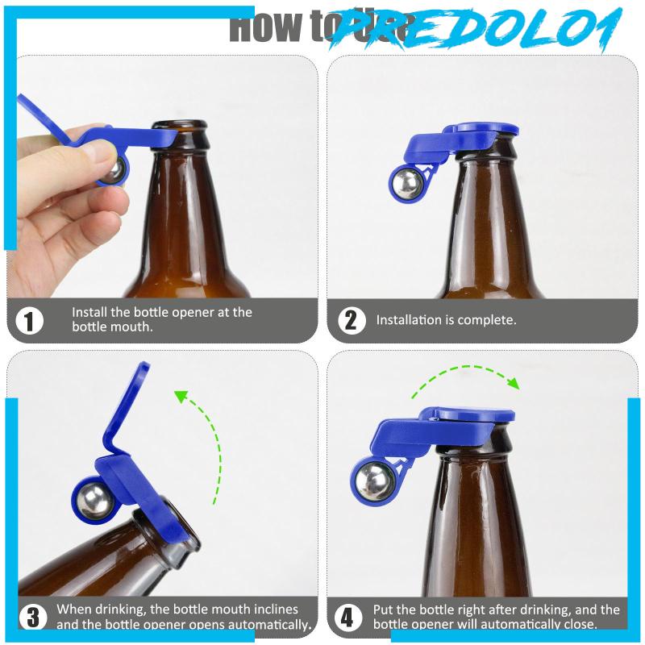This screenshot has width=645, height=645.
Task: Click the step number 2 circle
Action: click(350, 320)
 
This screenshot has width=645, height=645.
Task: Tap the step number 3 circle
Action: click(32, 618)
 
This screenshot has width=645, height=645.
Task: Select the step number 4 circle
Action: click(347, 618)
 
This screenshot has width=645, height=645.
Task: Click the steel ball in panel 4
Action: click(372, 481)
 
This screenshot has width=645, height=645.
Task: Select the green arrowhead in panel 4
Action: click(510, 381)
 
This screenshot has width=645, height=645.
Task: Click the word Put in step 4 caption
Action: click(384, 610)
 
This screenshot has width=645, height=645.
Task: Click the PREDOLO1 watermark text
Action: click(476, 31)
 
